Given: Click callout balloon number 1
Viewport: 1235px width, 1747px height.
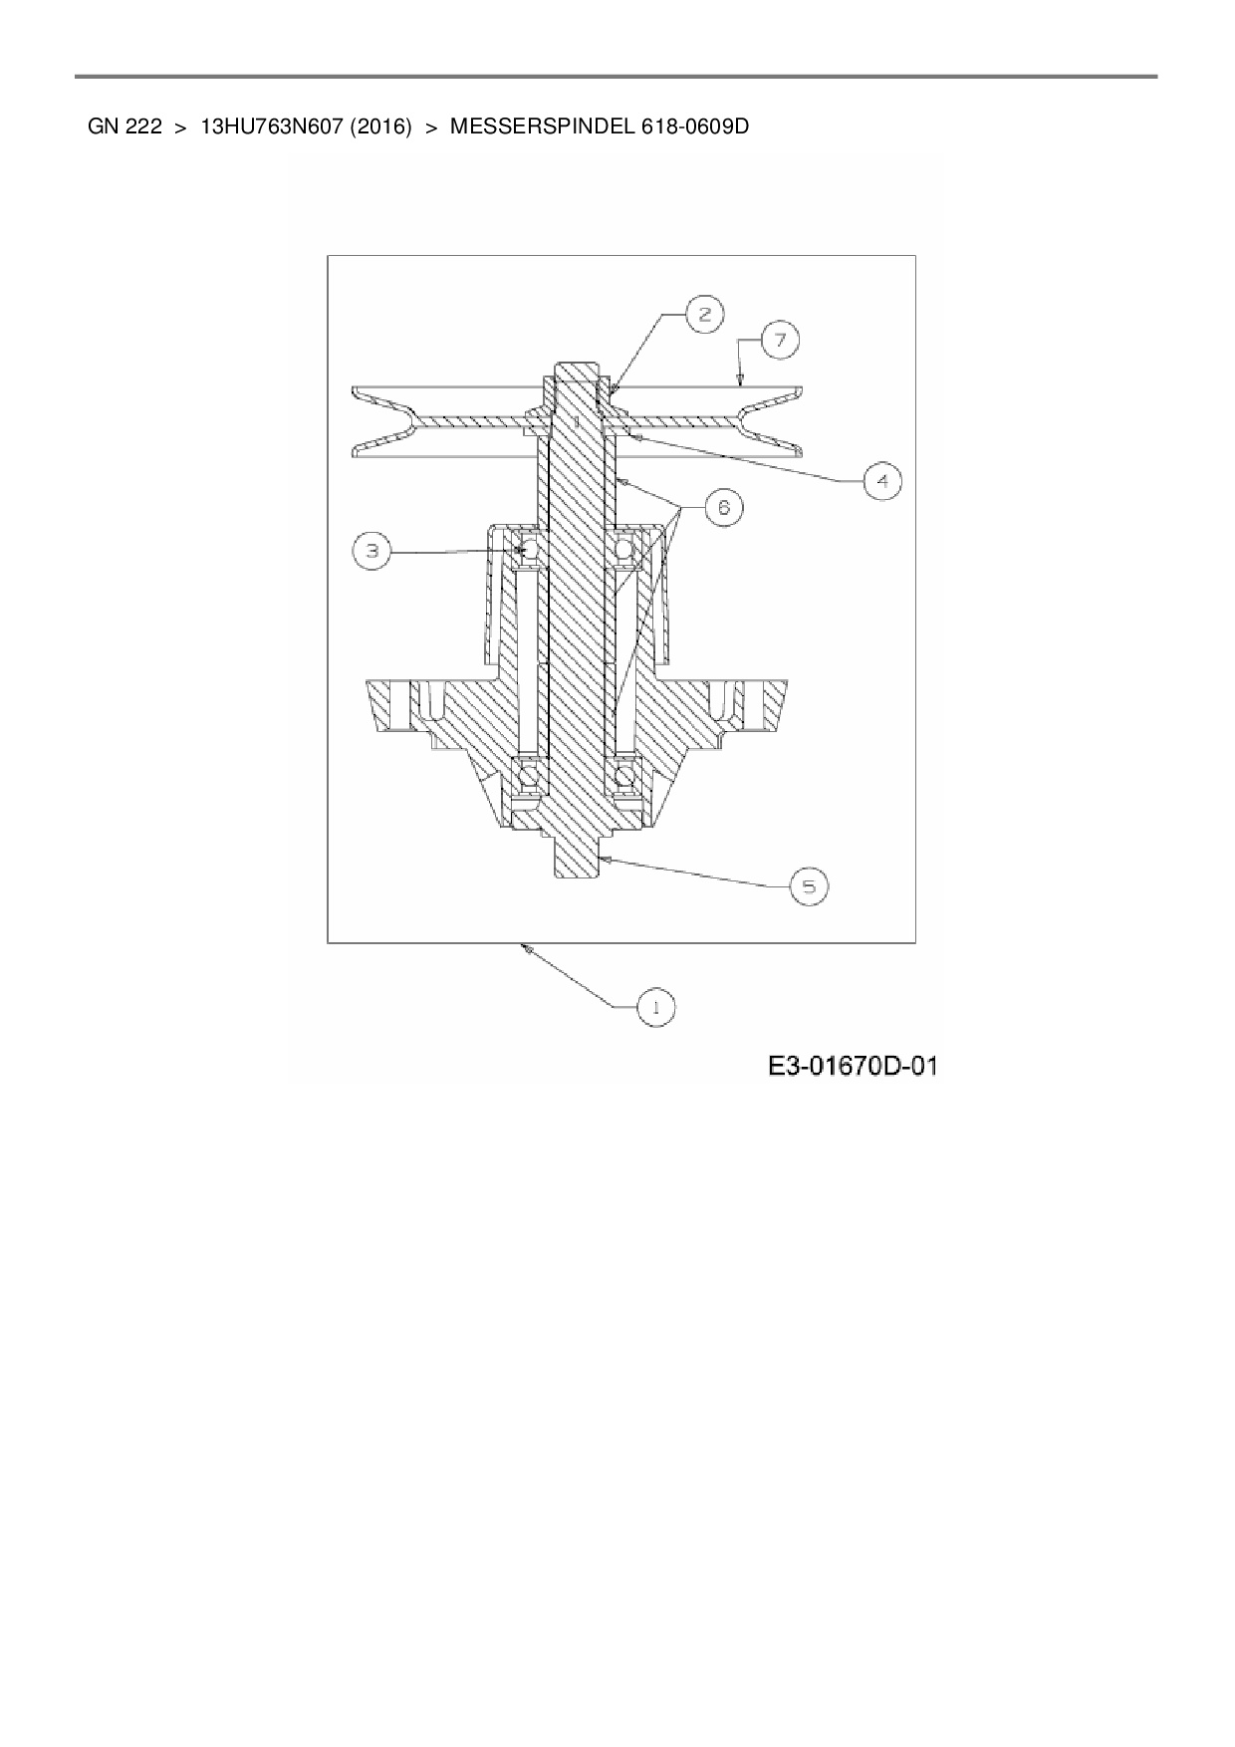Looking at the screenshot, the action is [x=656, y=1006].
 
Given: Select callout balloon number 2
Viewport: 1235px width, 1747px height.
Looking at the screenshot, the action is [x=704, y=315].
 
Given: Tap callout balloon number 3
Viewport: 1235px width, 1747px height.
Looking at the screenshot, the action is [x=371, y=551].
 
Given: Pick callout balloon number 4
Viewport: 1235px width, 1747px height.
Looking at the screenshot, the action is [x=881, y=481].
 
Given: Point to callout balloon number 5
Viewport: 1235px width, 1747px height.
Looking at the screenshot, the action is [x=809, y=885].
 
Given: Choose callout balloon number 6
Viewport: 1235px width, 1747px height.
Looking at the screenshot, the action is [x=723, y=507].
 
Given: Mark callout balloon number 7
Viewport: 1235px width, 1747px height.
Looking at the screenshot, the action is [x=780, y=341].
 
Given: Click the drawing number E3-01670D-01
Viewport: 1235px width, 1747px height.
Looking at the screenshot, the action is [x=853, y=1067].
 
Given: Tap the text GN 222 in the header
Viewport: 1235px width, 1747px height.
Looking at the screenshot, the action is [x=124, y=127].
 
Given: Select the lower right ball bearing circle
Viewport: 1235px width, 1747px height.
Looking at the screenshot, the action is [x=625, y=775].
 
